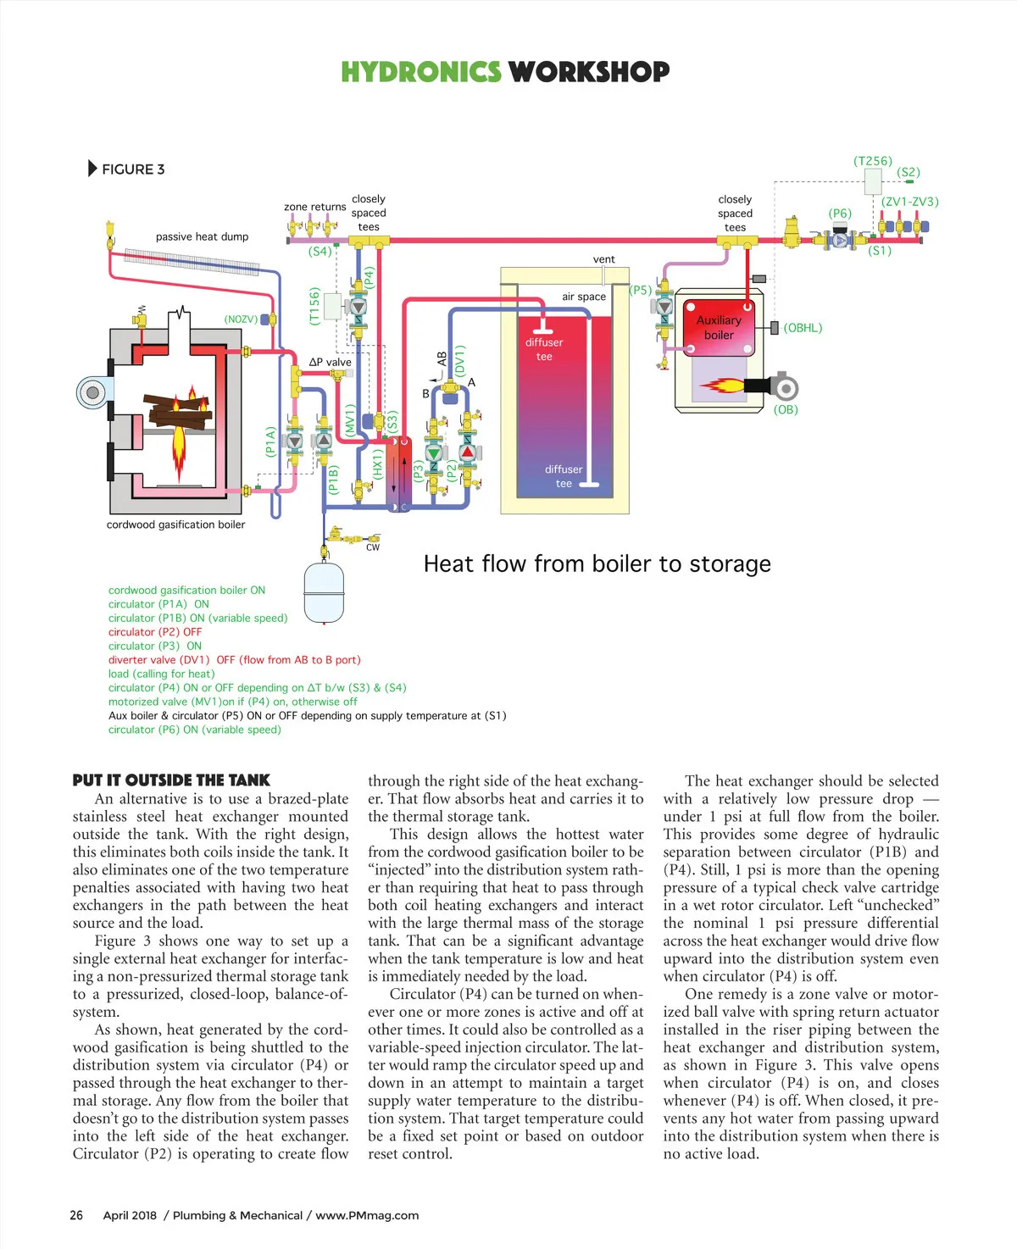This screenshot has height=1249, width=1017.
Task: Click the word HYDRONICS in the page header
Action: click(421, 72)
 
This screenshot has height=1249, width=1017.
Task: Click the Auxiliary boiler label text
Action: click(719, 328)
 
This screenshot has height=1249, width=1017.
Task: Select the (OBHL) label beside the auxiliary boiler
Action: click(803, 328)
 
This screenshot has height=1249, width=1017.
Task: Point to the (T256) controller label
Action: click(873, 161)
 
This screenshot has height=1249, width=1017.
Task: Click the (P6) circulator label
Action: click(840, 214)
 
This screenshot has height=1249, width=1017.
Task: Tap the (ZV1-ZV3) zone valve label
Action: click(909, 202)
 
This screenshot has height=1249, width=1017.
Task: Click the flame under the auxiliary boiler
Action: click(721, 386)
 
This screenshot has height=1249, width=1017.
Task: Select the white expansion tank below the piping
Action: click(324, 592)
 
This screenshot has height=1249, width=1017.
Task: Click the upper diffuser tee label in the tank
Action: click(544, 349)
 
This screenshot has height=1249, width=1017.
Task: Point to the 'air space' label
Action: click(584, 297)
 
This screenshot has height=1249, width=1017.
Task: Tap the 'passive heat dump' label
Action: click(202, 237)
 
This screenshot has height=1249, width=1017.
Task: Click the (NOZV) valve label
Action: click(241, 319)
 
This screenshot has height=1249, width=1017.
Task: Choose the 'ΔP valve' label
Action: click(331, 363)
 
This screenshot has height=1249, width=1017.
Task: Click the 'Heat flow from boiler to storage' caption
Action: click(597, 563)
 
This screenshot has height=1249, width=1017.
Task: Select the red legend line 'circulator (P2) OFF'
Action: click(155, 632)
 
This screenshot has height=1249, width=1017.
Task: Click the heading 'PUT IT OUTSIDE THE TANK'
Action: click(171, 780)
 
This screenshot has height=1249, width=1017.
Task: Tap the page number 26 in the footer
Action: click(76, 1215)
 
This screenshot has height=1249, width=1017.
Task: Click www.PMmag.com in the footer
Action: click(367, 1216)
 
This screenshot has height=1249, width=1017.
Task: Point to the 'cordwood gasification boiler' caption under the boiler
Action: click(175, 525)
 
